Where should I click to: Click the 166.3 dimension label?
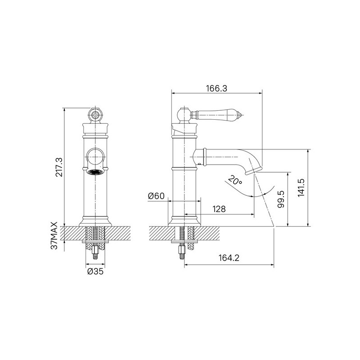click(x=216, y=88)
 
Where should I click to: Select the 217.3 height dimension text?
click(x=59, y=167)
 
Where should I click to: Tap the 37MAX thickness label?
click(x=54, y=235)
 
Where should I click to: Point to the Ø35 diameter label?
click(x=95, y=271)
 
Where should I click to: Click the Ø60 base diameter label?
click(x=156, y=196)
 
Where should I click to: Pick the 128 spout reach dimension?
click(x=219, y=209)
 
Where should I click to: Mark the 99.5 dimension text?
click(x=281, y=199)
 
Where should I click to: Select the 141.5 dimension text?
click(x=301, y=188)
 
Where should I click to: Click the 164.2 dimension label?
click(x=229, y=258)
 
